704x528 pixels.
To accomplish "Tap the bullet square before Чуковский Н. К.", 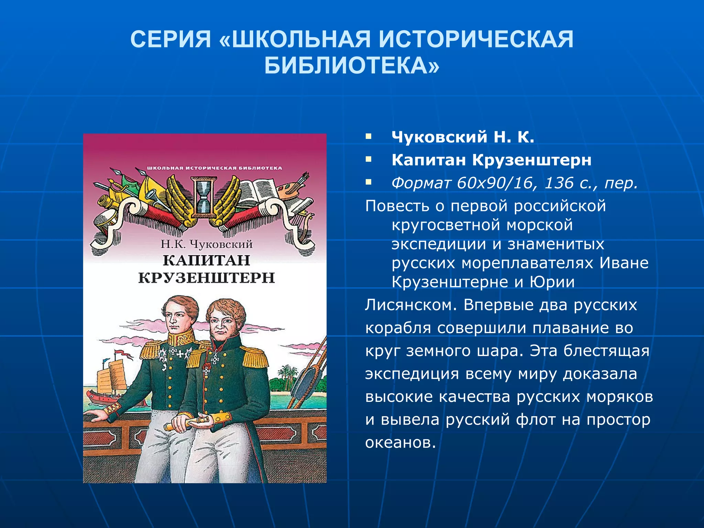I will (368, 137).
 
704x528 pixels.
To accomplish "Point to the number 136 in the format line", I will (559, 183).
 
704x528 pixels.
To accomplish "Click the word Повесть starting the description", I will (397, 206).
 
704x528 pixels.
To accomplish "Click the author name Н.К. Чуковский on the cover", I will (206, 244).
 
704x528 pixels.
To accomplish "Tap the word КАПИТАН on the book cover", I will (206, 260).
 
